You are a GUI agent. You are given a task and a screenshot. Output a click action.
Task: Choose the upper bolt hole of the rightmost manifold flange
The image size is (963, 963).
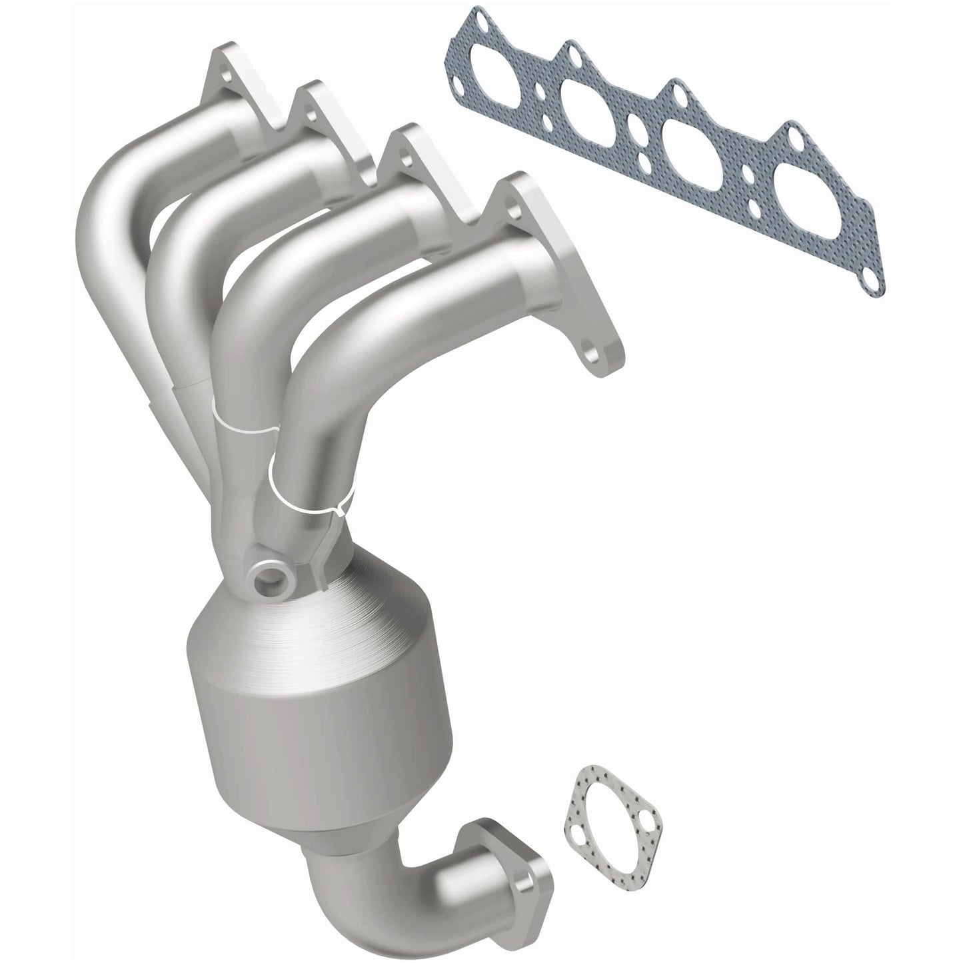[512, 199]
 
